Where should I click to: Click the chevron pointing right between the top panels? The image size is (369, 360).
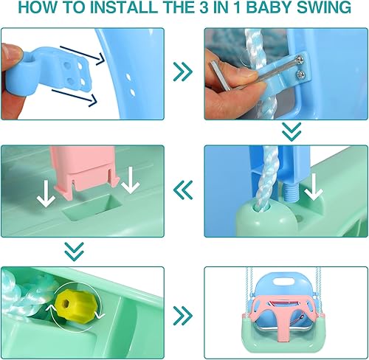tap(183, 72)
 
